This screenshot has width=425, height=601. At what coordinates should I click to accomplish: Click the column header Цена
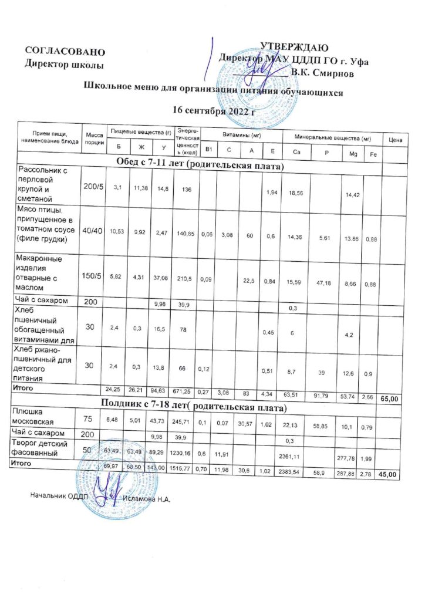395,140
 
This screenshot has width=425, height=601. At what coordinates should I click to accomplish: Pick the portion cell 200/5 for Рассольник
93,187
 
